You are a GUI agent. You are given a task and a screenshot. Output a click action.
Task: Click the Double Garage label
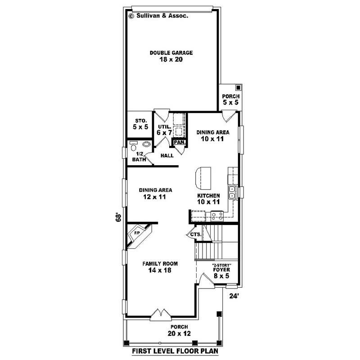point(171,53)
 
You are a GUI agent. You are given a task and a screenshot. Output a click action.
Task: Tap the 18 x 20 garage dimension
point(171,59)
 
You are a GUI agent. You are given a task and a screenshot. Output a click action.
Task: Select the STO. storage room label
point(141,121)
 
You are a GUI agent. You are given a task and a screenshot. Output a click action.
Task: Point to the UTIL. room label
point(165,127)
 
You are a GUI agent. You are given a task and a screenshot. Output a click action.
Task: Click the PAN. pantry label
point(180,142)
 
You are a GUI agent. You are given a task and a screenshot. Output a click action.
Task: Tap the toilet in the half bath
point(133,146)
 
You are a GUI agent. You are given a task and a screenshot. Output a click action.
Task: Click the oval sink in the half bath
point(146,144)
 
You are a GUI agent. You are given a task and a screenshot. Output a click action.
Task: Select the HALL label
point(167,156)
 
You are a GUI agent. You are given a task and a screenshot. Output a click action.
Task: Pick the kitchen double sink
point(232,193)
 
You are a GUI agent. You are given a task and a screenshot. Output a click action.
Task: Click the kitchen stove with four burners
point(217,216)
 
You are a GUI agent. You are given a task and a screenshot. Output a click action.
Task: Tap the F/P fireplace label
point(137,233)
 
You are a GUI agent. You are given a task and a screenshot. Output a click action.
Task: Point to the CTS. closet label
point(196,234)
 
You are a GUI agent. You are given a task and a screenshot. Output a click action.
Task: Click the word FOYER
point(221,270)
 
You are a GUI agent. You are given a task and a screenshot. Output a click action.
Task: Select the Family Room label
point(160,264)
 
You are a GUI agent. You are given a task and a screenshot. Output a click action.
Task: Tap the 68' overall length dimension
point(118,217)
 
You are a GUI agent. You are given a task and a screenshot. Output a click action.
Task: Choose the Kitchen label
point(208,196)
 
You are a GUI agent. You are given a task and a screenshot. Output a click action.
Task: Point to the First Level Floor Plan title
point(175,351)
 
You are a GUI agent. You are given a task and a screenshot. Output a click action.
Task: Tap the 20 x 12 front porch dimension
point(179,333)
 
